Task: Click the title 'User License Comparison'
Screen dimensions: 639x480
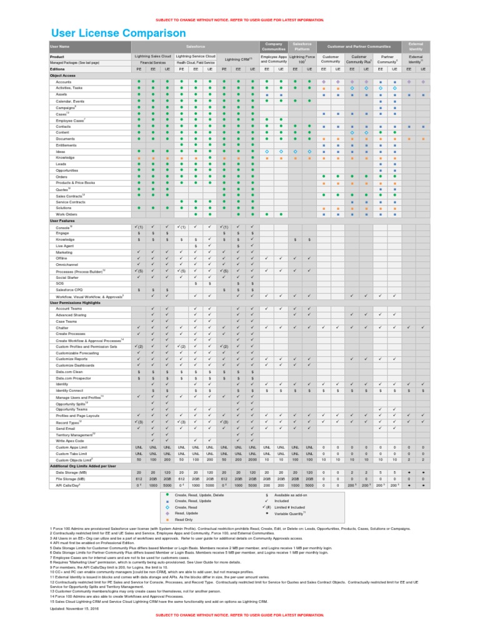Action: pyautogui.click(x=117, y=32)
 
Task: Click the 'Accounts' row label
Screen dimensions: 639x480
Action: pyautogui.click(x=64, y=82)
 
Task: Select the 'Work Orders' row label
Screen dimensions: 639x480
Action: pyautogui.click(x=66, y=214)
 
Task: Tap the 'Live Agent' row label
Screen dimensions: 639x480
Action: pyautogui.click(x=65, y=246)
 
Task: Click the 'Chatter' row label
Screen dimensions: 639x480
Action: pyautogui.click(x=62, y=328)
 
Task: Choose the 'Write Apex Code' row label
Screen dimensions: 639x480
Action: pyautogui.click(x=69, y=441)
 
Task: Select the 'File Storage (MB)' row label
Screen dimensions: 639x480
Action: pyautogui.click(x=67, y=478)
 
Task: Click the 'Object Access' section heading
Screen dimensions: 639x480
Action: pyautogui.click(x=63, y=75)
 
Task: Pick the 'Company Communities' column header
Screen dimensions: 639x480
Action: pyautogui.click(x=273, y=46)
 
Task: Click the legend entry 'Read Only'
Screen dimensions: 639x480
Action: pyautogui.click(x=184, y=519)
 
